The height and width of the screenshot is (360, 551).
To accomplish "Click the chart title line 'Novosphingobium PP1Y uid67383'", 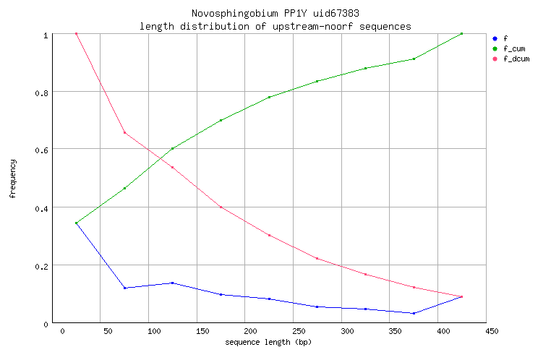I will (275, 14).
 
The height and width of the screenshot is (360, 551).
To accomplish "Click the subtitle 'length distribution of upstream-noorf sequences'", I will (275, 26).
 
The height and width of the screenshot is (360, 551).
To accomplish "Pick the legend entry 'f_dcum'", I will (516, 59).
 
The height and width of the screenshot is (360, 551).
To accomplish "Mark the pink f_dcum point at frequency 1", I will (76, 33).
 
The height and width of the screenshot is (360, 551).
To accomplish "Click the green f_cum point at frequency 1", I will (461, 33).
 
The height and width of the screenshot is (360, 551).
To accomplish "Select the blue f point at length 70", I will (124, 288).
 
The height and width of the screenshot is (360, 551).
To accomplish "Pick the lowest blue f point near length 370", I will (414, 313).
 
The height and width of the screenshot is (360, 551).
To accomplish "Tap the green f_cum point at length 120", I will (172, 148).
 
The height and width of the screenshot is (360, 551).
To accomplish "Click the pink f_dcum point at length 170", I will (221, 207).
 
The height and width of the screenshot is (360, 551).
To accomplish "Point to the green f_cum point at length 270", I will (317, 81).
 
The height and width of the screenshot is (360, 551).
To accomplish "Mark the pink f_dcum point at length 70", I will (124, 132).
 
